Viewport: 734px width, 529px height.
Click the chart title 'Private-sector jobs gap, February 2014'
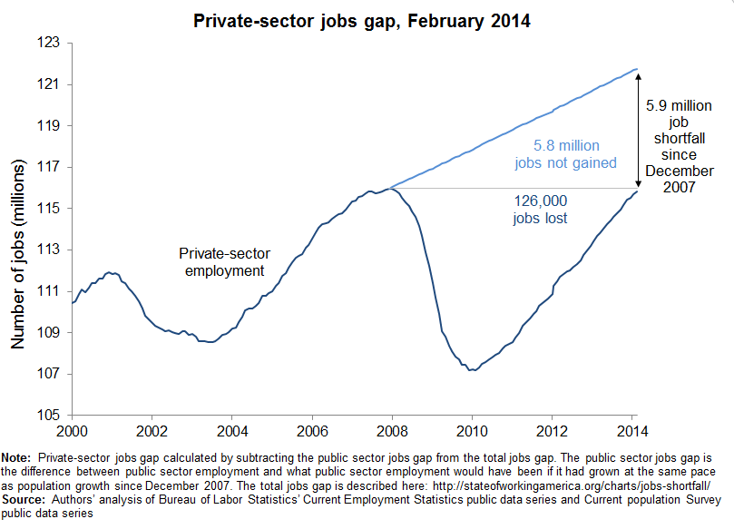click(368, 19)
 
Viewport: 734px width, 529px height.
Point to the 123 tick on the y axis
click(49, 43)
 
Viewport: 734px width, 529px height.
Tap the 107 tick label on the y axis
click(49, 374)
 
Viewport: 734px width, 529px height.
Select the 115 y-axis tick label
click(49, 209)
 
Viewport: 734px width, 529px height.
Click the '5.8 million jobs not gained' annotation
click(565, 154)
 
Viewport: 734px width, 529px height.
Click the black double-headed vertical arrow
click(639, 130)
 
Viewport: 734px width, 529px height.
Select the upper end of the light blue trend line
click(637, 69)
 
